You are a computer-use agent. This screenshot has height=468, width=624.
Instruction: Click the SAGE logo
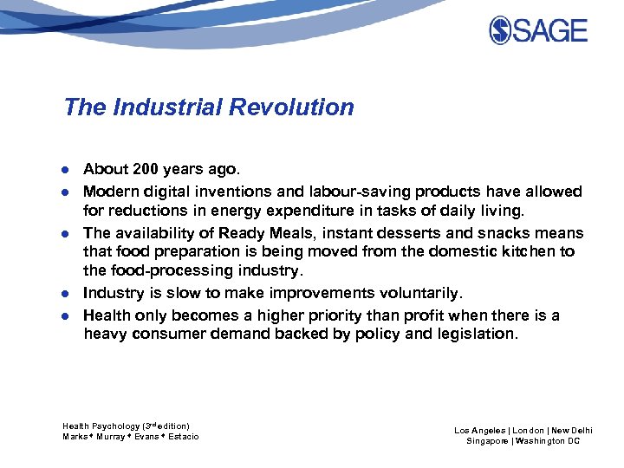click(x=538, y=30)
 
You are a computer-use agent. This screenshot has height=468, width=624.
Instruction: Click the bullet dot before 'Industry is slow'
click(x=67, y=294)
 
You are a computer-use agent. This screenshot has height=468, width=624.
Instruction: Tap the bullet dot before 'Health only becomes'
click(x=67, y=315)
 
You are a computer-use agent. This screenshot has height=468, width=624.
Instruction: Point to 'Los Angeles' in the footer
click(x=478, y=430)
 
